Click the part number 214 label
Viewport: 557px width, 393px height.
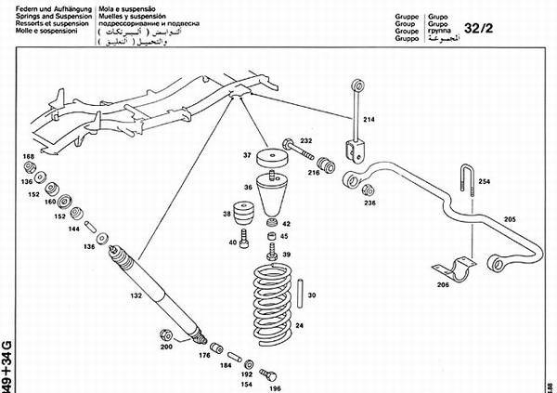pyautogui.click(x=369, y=120)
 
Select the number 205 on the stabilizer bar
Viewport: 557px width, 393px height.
pyautogui.click(x=509, y=219)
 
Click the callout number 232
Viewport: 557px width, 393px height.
pyautogui.click(x=306, y=141)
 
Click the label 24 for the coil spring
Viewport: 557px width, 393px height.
pyautogui.click(x=300, y=325)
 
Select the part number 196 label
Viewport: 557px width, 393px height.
pyautogui.click(x=275, y=388)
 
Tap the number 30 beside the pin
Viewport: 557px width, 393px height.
pyautogui.click(x=312, y=295)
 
